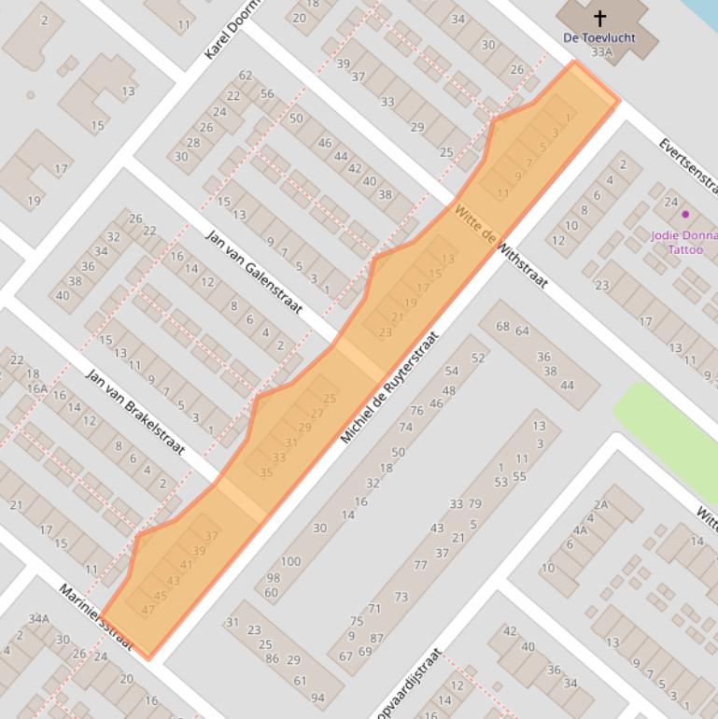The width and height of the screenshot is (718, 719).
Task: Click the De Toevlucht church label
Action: (599, 37)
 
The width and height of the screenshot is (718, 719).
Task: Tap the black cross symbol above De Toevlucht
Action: (599, 18)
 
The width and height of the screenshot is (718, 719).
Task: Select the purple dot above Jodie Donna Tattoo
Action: (685, 214)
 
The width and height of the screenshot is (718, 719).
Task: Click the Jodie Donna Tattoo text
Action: (683, 242)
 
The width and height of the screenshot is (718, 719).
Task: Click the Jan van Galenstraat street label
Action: (255, 271)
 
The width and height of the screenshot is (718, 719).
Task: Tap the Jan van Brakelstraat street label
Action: (135, 411)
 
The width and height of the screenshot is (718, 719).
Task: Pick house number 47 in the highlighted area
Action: (148, 609)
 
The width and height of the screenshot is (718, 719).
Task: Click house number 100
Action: (290, 561)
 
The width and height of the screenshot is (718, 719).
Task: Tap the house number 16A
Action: (37, 388)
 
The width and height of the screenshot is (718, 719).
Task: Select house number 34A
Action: (38, 618)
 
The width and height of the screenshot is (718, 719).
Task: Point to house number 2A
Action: (600, 505)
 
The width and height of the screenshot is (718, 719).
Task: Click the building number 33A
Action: (601, 53)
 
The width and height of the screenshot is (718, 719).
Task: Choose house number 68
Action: (502, 327)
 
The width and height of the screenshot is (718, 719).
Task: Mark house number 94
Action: (317, 698)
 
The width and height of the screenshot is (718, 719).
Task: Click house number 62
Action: (246, 76)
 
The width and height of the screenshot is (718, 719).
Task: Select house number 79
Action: (474, 504)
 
